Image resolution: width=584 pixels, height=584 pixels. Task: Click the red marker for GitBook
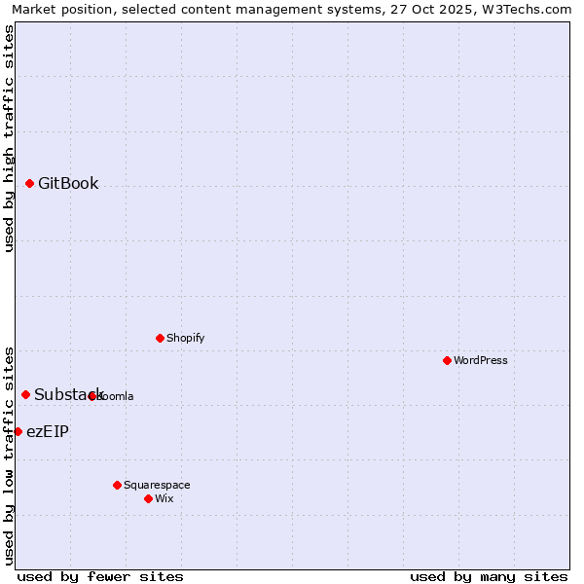pos(29,183)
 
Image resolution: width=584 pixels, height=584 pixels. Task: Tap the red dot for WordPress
pos(447,360)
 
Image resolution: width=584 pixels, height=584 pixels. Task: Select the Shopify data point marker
pos(160,338)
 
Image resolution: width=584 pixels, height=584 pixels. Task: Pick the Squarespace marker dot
pos(117,485)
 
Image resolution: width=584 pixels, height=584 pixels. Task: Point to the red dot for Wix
pos(148,498)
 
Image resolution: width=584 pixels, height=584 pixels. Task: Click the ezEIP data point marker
pos(18,431)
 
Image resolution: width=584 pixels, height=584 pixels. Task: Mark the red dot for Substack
pos(25,394)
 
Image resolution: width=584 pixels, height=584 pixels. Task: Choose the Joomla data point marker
pos(91,396)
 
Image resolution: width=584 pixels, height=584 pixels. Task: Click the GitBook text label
pos(68,183)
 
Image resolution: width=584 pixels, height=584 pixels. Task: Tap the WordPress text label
pos(481,360)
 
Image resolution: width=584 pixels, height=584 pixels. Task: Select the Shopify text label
pos(185,338)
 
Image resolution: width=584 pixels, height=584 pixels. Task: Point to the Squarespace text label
pos(157,485)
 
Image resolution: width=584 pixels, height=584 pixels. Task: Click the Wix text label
pos(164,498)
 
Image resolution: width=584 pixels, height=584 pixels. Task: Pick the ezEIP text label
pos(48,431)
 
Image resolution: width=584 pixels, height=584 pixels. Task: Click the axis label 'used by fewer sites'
pos(100,576)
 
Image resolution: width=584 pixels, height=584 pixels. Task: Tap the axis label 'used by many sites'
pos(489,576)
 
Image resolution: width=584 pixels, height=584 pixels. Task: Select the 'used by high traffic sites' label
pos(9,138)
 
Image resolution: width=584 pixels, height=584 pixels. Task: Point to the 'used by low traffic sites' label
pos(9,455)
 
